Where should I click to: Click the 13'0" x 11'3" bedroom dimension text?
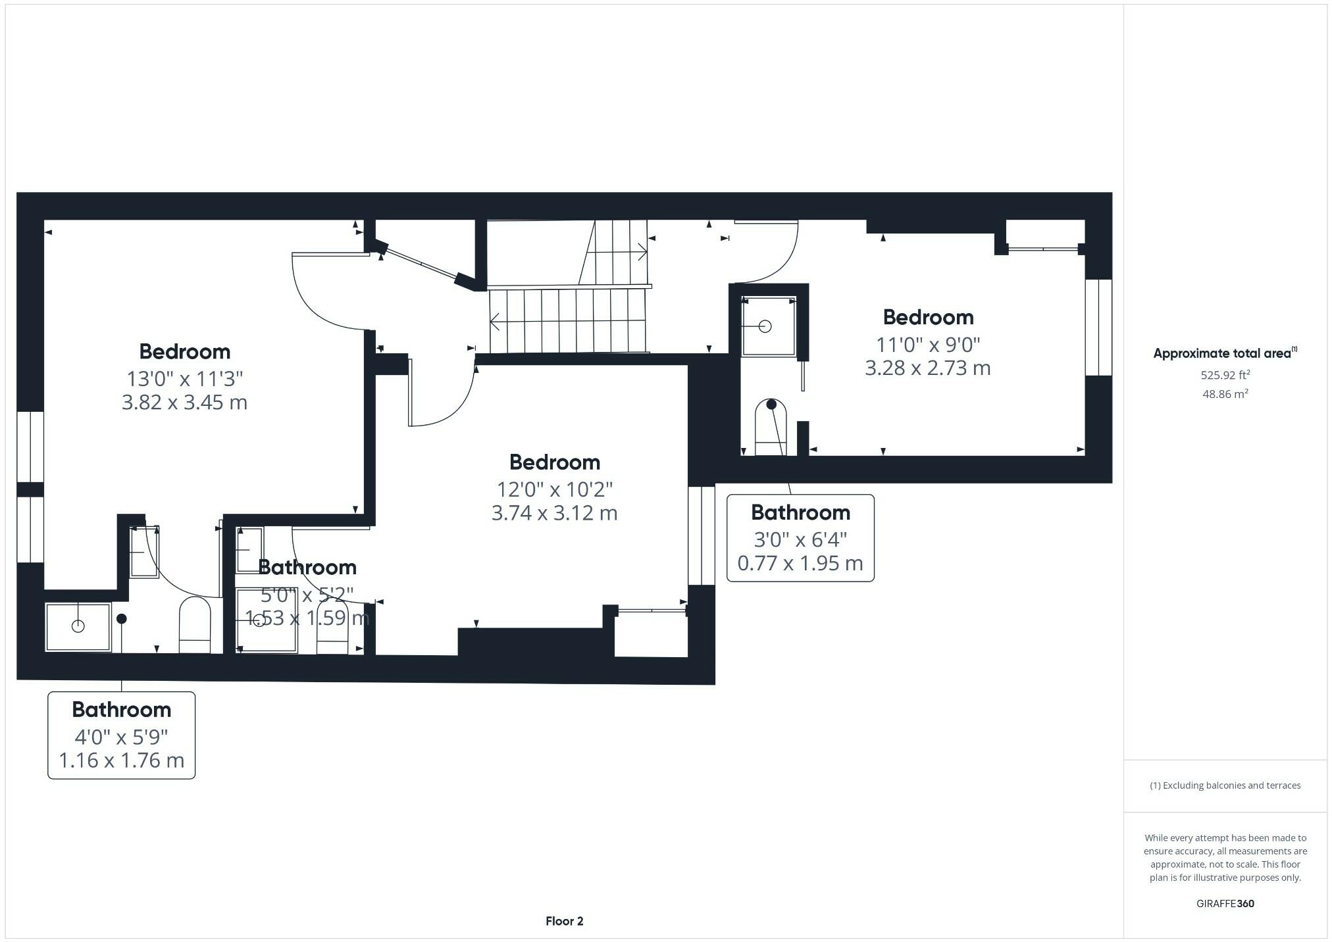click(x=185, y=378)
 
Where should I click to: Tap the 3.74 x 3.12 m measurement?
click(x=554, y=512)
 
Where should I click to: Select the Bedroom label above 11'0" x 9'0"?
click(x=928, y=317)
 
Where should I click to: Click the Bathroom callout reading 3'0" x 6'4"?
click(x=800, y=538)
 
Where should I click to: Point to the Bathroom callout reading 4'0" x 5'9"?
click(x=122, y=735)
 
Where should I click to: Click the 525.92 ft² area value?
click(x=1225, y=375)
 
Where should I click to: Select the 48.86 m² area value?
click(x=1225, y=394)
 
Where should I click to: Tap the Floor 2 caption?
click(x=564, y=921)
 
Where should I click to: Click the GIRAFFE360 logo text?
click(x=1225, y=903)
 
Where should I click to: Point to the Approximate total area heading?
click(x=1224, y=353)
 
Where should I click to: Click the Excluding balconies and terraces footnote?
click(x=1225, y=785)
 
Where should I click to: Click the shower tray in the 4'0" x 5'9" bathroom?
click(x=78, y=627)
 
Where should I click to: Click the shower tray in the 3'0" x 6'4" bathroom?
click(x=768, y=326)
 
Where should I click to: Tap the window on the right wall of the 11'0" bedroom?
click(x=1098, y=327)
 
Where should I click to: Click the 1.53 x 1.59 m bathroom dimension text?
click(x=307, y=618)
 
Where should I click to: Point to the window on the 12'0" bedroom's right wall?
click(x=701, y=535)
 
